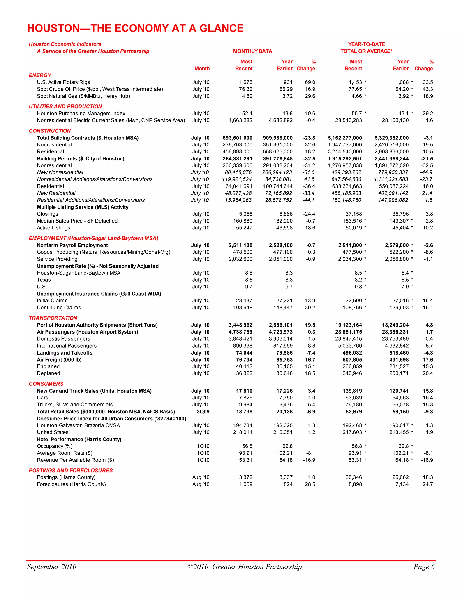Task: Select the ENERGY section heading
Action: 40,75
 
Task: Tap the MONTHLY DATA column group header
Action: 252,51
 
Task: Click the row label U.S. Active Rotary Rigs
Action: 63,82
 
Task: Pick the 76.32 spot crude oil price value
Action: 245,89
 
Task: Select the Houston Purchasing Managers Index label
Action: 81,113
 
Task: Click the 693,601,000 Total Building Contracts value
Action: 237,138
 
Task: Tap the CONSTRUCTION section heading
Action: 50,131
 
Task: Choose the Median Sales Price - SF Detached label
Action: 77,221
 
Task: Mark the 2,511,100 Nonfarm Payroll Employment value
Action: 240,245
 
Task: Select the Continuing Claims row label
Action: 59,308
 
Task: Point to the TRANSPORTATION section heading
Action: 53,318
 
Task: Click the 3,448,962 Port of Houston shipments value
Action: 240,325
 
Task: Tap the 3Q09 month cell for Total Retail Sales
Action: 203,412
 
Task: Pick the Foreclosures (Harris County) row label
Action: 71,484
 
